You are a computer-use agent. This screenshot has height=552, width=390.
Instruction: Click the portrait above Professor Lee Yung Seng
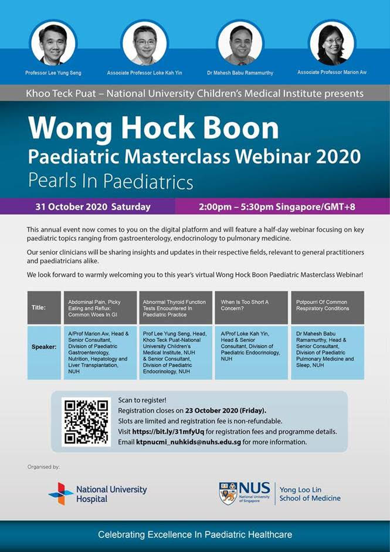(x=53, y=43)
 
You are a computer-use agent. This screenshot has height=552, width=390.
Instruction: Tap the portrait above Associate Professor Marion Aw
(x=332, y=43)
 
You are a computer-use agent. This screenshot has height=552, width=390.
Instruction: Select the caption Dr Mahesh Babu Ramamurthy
(x=240, y=73)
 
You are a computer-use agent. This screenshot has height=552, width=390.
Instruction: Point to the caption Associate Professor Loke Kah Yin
(x=145, y=73)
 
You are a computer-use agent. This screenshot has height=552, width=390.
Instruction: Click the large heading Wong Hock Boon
(x=154, y=127)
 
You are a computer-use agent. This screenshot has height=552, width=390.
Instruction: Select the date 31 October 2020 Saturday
(x=93, y=206)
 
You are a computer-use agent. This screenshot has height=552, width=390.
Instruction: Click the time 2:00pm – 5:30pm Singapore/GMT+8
(x=277, y=206)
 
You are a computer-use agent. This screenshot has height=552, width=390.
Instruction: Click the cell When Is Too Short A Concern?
(x=252, y=308)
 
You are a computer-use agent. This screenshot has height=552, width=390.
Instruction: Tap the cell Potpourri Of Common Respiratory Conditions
(x=327, y=308)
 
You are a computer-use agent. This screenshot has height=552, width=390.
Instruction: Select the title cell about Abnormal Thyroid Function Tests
(x=175, y=308)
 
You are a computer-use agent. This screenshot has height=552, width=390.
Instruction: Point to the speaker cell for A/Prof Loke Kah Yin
(x=252, y=353)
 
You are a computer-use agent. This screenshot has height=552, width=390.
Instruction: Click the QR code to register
(x=86, y=422)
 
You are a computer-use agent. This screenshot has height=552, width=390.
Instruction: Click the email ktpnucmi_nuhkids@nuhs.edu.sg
(x=189, y=442)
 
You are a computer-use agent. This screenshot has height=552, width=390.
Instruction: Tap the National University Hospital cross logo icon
(x=61, y=493)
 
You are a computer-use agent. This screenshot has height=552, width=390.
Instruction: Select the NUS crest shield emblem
(x=228, y=493)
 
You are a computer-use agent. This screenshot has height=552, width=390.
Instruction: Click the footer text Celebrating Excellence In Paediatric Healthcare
(x=195, y=535)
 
